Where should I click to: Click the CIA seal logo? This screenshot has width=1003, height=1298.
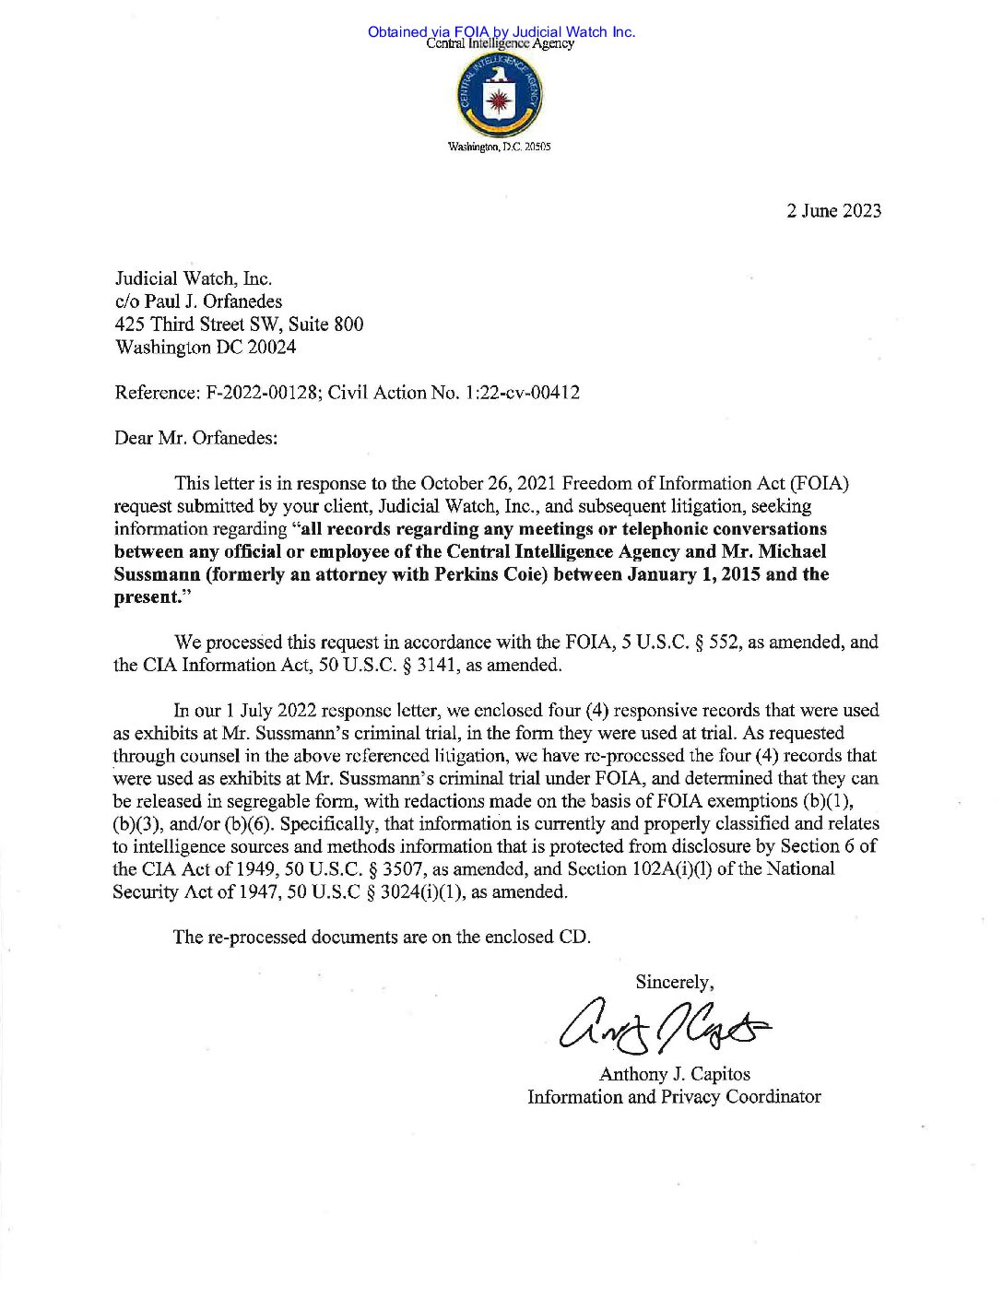point(499,95)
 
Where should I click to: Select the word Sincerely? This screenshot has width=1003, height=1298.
point(674,983)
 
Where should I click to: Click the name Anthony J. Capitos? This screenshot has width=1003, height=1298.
point(674,1074)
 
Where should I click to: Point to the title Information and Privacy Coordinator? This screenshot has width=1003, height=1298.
point(674,1097)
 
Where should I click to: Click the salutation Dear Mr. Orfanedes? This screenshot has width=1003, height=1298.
point(195,438)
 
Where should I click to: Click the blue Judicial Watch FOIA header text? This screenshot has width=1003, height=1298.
point(501,31)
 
